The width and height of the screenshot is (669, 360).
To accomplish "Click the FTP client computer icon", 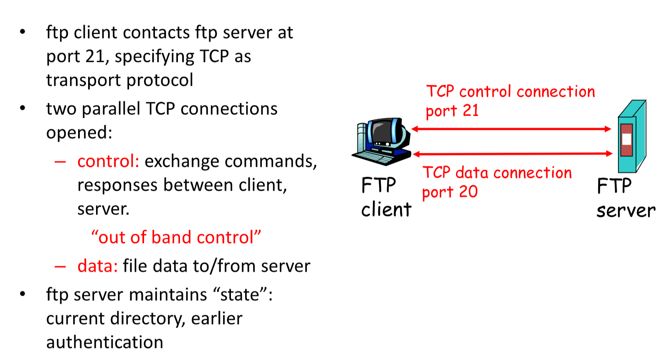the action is (381, 141).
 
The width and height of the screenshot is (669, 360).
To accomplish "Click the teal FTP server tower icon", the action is (632, 136).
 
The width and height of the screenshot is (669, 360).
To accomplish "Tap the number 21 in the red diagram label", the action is (470, 111).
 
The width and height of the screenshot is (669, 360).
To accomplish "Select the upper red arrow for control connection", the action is (511, 129).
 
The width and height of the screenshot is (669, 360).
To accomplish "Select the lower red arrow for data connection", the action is (512, 154).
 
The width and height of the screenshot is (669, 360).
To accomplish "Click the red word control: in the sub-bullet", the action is (108, 161).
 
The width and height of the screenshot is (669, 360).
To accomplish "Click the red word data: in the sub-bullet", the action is (97, 266).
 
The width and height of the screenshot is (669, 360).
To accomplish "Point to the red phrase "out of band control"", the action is (176, 237).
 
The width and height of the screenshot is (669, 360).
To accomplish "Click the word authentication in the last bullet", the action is (104, 342).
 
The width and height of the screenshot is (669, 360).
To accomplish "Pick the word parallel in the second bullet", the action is (111, 108).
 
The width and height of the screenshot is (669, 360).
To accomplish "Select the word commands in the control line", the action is (271, 162).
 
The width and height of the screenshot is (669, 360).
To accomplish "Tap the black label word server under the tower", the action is (626, 210).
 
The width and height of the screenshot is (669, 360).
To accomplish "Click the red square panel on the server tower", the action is (626, 140).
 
